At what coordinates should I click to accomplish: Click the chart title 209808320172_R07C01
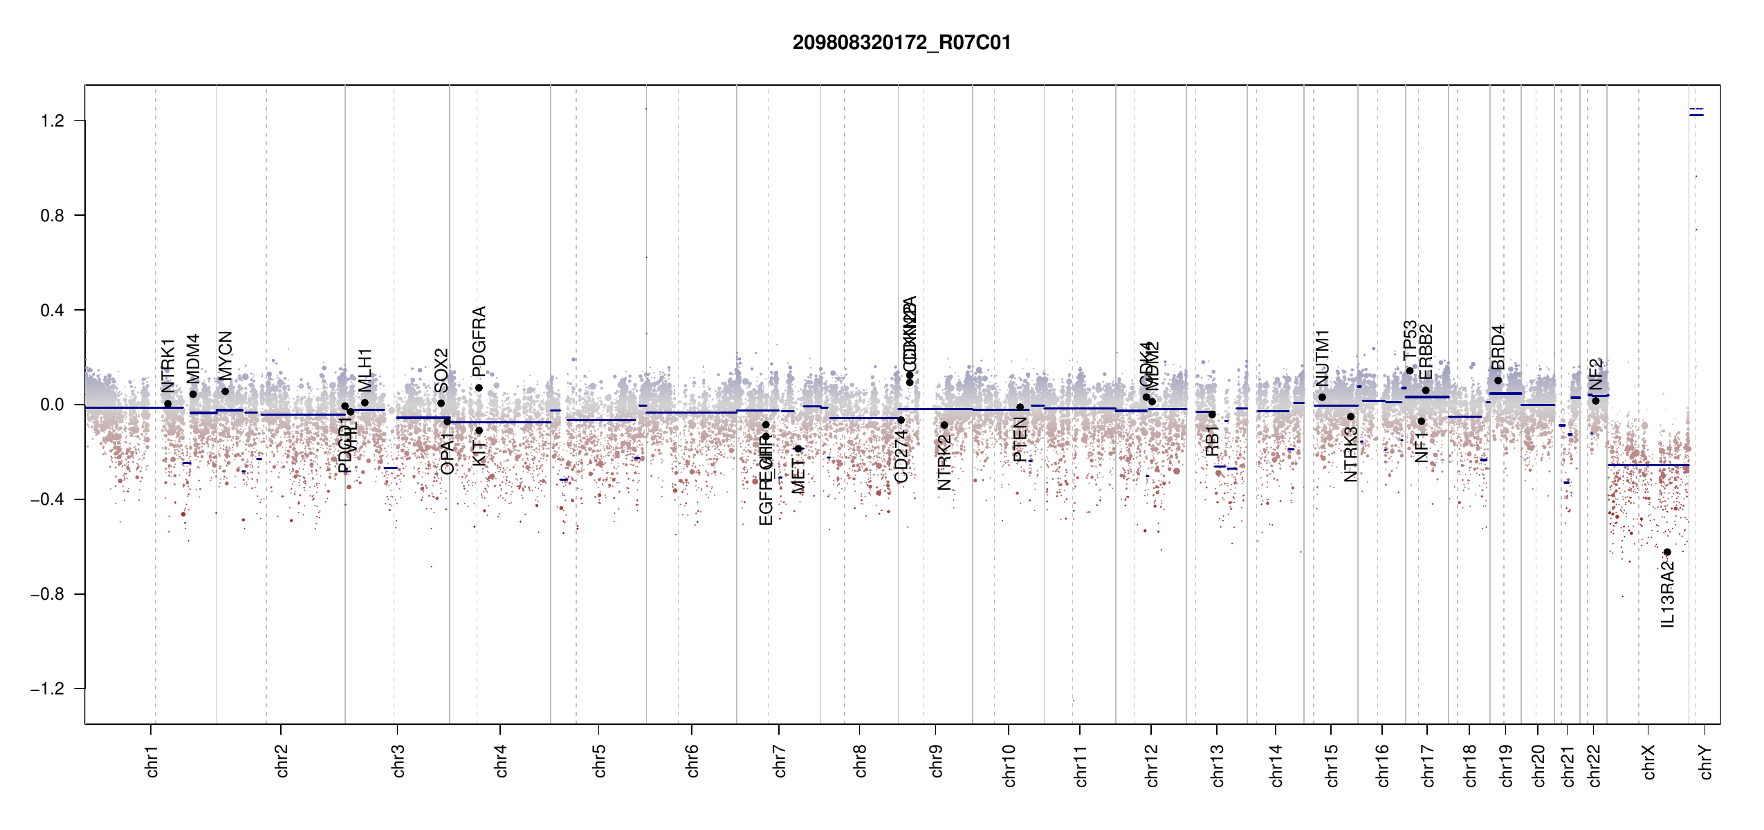[901, 43]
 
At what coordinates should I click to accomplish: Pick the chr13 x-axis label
[1218, 765]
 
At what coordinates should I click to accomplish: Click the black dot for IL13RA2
[1667, 552]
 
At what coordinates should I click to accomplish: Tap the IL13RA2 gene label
[1668, 595]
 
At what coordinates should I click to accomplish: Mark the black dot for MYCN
[225, 391]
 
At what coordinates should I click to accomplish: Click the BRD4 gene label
[1498, 347]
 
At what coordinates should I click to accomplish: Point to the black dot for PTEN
[1020, 407]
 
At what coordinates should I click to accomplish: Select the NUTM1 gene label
[1322, 358]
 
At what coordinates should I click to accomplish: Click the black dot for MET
[798, 449]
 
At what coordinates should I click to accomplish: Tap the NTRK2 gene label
[944, 463]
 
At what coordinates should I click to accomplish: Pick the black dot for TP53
[1409, 371]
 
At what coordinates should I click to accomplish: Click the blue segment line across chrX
[1648, 465]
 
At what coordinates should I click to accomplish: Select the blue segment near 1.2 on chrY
[1696, 115]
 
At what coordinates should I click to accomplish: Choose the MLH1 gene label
[365, 370]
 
